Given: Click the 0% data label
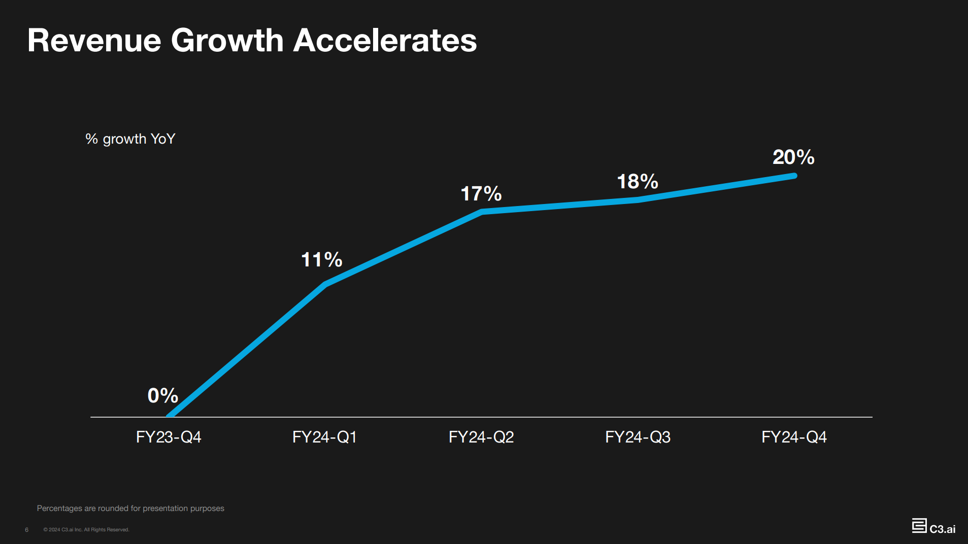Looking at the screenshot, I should pos(162,396).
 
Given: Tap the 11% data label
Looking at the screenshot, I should pos(321,260).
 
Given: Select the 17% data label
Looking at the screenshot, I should pos(481,194).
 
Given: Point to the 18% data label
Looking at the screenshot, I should pos(637,182).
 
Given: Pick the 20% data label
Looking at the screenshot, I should pos(793,157).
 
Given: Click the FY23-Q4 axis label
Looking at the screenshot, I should pos(169,437).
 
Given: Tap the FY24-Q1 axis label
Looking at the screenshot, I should pos(325,437).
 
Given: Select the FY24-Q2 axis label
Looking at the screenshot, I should pos(481,437).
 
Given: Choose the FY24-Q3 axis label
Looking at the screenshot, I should pos(638,437).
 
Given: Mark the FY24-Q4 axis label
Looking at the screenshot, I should pos(794,437).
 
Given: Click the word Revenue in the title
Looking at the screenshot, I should pos(94,41).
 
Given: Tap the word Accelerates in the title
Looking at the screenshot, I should pos(385,41).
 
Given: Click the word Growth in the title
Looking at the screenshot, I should pos(227,41).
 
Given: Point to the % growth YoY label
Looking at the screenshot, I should pos(130,139).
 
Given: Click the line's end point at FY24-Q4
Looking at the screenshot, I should pos(794,176).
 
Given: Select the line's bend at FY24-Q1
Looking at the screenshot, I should pos(325,284).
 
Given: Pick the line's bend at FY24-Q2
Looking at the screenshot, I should pos(482,212).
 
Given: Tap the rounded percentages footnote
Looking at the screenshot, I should pos(130,508).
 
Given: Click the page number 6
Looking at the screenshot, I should pos(27,530).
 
